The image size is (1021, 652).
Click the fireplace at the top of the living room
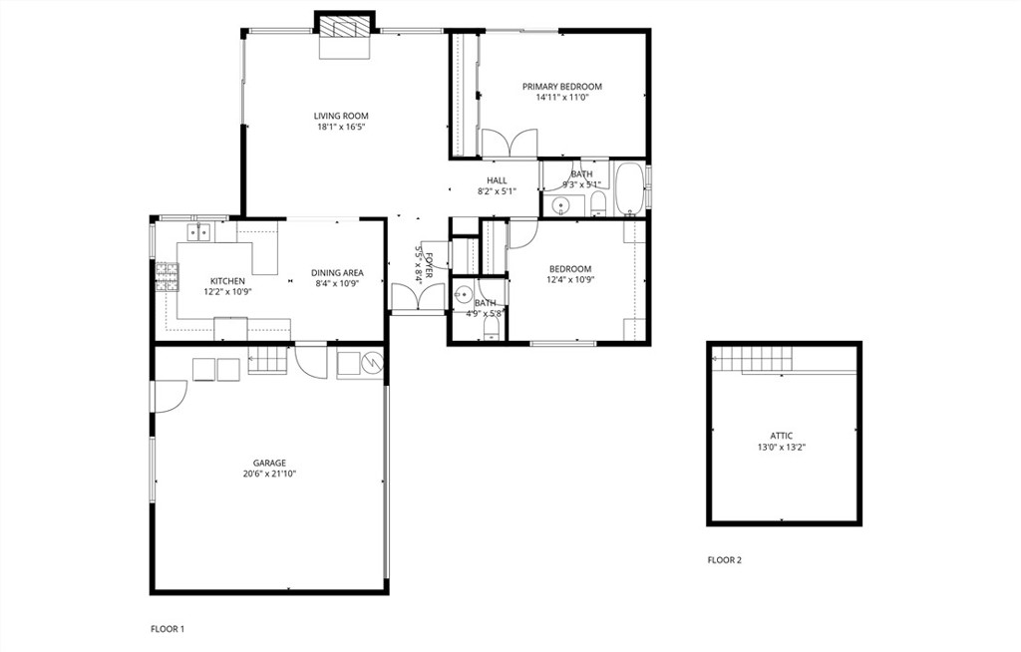[344, 25]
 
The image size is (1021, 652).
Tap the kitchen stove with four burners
[167, 275]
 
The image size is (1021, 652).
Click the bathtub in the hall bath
[628, 189]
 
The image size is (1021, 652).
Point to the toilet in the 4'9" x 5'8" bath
[490, 328]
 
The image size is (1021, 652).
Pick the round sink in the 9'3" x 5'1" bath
[561, 206]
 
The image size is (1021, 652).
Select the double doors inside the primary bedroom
[510, 144]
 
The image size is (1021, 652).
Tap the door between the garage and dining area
[311, 361]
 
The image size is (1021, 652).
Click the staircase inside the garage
[267, 359]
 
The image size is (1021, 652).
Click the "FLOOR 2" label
[725, 560]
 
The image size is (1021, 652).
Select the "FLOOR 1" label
[168, 629]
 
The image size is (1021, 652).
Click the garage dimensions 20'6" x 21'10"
[269, 474]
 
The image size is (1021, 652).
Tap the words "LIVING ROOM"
[341, 116]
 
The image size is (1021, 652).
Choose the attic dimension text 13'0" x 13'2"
[782, 448]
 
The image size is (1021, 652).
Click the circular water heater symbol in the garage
[372, 364]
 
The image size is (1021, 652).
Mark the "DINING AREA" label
[337, 272]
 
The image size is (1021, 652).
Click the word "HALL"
[497, 180]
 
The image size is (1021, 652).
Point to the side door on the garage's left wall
[168, 397]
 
